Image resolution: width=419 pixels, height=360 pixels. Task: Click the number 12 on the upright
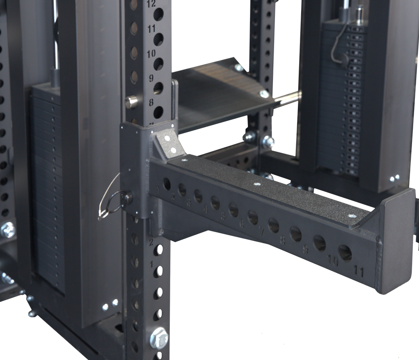click(151, 4)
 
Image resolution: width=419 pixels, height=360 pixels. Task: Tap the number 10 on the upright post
click(151, 54)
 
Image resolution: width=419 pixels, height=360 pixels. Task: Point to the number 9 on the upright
click(151, 78)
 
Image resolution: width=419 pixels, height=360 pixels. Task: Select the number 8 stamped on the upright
click(151, 102)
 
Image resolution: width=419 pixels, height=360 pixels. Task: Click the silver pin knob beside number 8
click(131, 102)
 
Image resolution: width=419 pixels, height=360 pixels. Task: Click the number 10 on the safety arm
click(333, 261)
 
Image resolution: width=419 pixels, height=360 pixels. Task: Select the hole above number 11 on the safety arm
click(345, 253)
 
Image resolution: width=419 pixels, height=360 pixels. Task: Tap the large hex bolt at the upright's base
click(159, 338)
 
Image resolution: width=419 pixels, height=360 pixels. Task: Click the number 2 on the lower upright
click(151, 242)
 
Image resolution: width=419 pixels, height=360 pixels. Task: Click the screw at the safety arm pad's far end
click(351, 215)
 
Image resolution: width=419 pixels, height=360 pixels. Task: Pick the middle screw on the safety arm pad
click(257, 184)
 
